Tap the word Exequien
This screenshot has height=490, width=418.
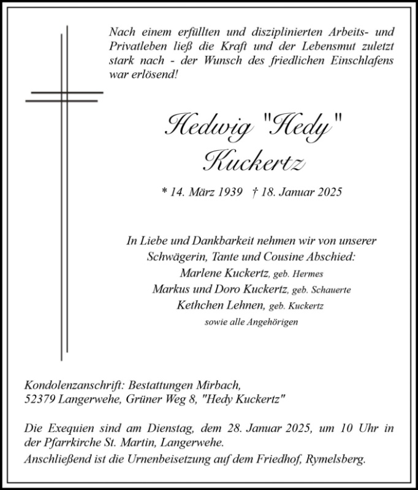click(70, 428)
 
